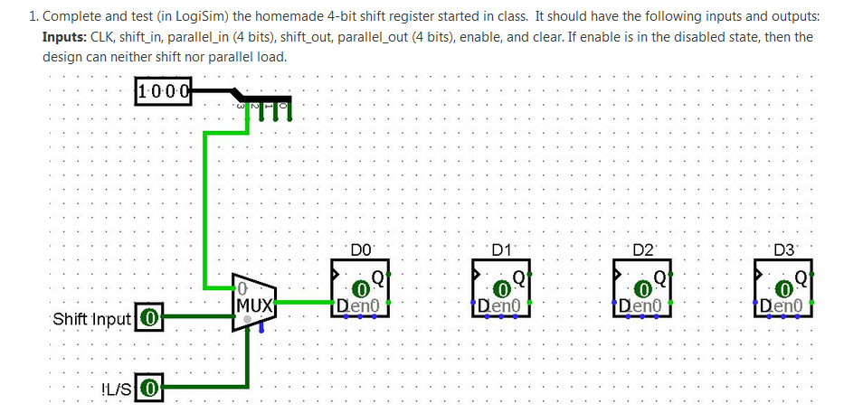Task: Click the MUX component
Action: tap(253, 302)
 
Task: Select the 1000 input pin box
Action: tap(163, 91)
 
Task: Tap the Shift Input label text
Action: tap(92, 319)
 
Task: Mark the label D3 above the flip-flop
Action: tap(783, 249)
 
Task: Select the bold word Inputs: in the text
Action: tap(65, 37)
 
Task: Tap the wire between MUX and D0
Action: tap(303, 301)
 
